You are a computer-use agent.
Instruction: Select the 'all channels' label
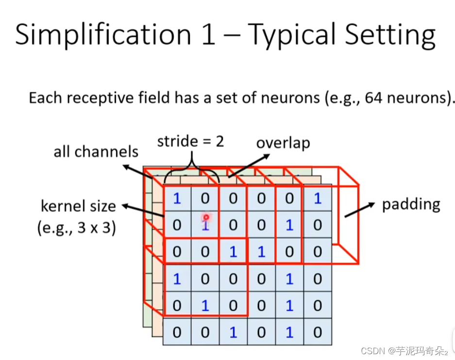[96, 152]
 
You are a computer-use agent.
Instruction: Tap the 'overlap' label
[283, 143]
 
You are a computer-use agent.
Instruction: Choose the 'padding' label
[411, 204]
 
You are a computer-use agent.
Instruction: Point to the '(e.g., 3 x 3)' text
[77, 227]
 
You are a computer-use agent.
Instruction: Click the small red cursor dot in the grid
[206, 217]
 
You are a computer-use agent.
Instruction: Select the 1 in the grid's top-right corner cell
[318, 198]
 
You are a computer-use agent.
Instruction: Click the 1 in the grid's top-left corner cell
[177, 198]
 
